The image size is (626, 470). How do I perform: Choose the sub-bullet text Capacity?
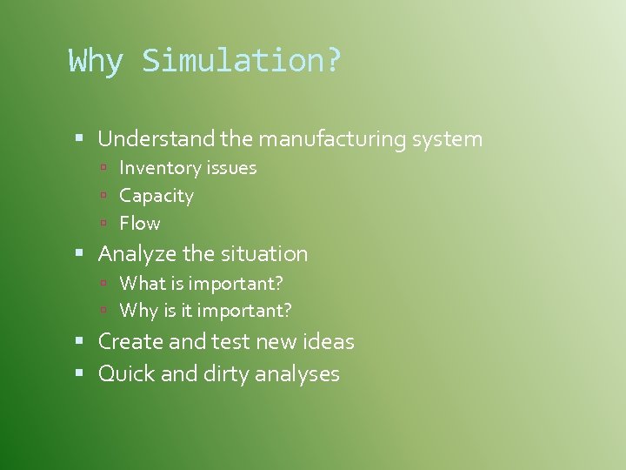point(156,196)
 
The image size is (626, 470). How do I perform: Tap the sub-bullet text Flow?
point(140,224)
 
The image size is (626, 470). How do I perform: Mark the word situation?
point(263,254)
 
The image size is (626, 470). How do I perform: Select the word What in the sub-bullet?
point(139,283)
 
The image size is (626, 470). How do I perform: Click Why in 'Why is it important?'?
point(137,310)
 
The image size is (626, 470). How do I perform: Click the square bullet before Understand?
point(80,138)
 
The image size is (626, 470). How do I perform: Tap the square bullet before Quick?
point(80,373)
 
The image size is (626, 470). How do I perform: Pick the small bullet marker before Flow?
point(103,224)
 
